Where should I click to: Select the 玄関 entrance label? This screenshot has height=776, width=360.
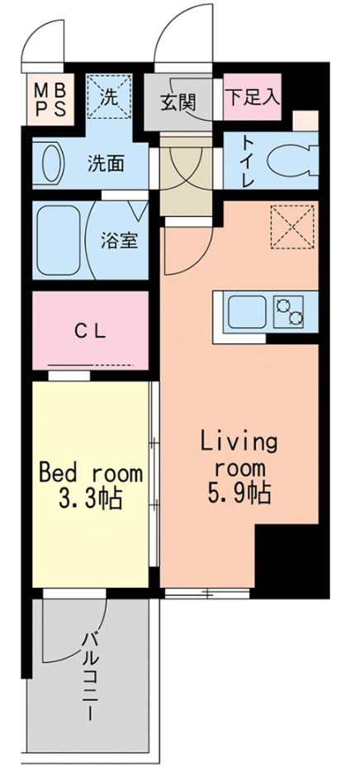(x=177, y=102)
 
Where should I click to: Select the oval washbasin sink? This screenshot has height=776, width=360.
(x=51, y=163)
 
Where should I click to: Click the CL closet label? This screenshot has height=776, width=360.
(x=91, y=332)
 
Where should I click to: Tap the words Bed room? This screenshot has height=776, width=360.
(x=91, y=475)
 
